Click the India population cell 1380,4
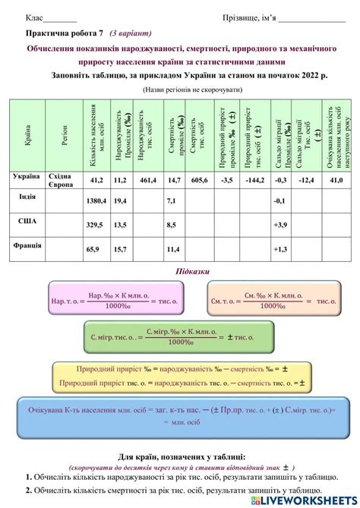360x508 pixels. (96, 200)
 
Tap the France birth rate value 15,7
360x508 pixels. (120, 249)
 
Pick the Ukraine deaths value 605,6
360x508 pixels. (199, 180)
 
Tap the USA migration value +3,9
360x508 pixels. (280, 225)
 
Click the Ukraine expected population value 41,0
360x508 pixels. (336, 180)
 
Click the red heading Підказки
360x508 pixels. (180, 272)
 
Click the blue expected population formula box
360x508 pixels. (180, 415)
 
